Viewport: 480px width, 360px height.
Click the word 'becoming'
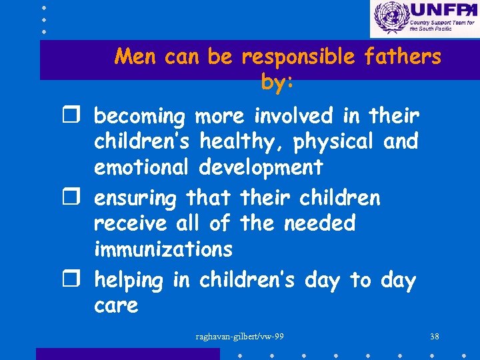pyautogui.click(x=139, y=117)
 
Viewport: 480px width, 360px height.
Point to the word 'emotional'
pyautogui.click(x=142, y=167)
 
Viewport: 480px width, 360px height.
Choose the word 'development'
pyautogui.click(x=261, y=167)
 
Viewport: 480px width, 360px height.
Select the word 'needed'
pyautogui.click(x=320, y=223)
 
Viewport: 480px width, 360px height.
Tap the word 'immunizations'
pyautogui.click(x=163, y=249)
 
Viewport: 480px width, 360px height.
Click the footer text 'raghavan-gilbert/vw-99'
pyautogui.click(x=240, y=337)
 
